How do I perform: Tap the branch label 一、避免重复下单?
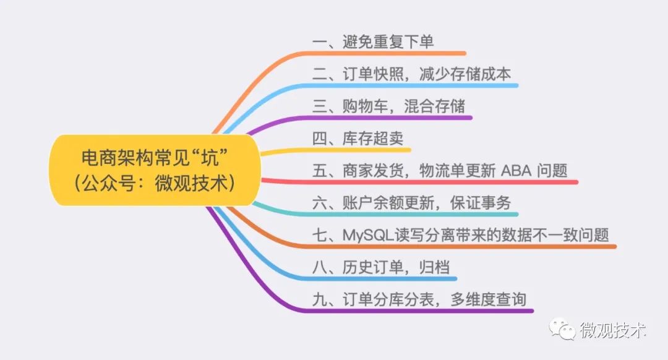(373, 42)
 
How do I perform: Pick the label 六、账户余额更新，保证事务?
(412, 204)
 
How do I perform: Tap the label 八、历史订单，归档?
(381, 268)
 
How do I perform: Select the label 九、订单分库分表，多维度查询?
(419, 300)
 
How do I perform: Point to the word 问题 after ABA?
(552, 171)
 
